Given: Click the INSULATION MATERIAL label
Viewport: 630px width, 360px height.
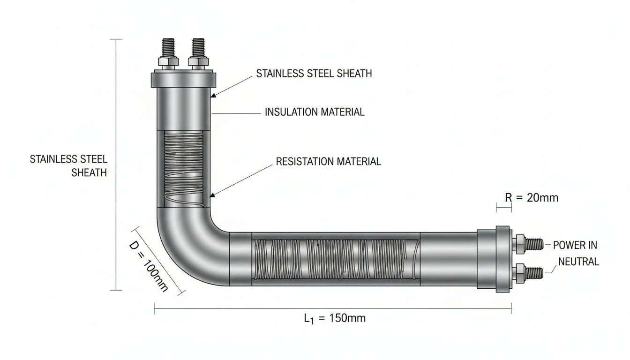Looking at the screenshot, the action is pos(315,112).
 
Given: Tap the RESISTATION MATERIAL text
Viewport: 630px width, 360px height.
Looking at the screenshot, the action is pos(328,161).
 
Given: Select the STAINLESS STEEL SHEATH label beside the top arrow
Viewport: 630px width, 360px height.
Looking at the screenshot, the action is pos(314,74).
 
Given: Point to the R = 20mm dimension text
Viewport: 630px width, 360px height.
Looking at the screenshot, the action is pos(532,198).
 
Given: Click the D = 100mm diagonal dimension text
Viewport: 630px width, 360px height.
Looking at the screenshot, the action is pos(149,267).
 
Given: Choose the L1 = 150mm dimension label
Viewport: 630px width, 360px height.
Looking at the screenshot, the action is pos(335,319).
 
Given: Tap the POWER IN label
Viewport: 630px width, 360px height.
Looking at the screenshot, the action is pos(575,245).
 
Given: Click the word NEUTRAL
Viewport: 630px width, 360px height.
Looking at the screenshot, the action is pos(578,262).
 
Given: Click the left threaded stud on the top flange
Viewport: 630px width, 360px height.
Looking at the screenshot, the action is pos(168,48).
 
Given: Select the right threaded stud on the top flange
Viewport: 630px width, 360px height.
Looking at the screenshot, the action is pos(198,48).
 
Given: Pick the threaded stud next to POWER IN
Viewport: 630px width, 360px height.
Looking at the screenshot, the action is pos(534,244).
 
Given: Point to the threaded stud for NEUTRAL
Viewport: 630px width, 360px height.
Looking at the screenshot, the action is pos(534,273).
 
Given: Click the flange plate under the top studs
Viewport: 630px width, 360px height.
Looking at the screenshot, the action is pos(183,80).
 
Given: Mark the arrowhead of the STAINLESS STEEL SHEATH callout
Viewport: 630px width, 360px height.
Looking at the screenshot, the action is pos(214,95).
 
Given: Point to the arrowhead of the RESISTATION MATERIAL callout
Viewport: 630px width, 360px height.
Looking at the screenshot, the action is pos(213,195).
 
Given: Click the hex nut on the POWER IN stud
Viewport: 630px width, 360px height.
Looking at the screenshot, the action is pos(519,244).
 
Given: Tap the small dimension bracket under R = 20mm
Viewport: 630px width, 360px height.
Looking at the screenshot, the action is pos(504,209).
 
